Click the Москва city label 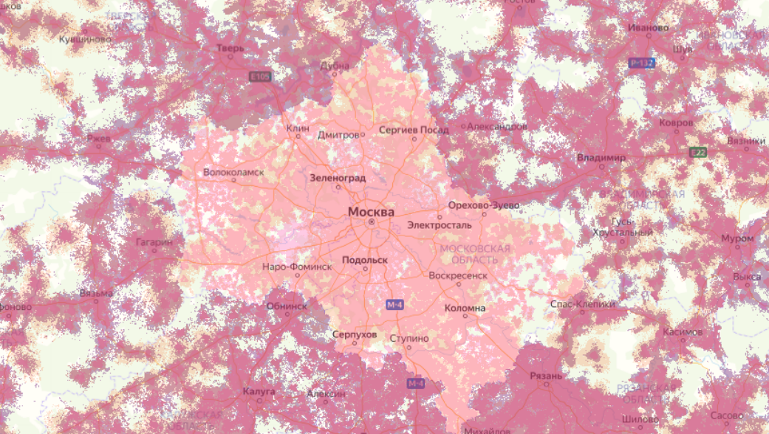(x=371, y=212)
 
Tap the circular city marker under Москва (x=372, y=221)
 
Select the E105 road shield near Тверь (x=260, y=76)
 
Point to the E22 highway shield (x=697, y=153)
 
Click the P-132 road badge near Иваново (x=642, y=63)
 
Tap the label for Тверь (x=230, y=48)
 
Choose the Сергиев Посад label (x=413, y=129)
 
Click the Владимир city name (x=601, y=158)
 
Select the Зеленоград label (x=337, y=178)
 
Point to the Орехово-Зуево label (x=484, y=204)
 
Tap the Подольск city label (x=365, y=260)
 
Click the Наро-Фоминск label (x=297, y=266)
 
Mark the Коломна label (x=465, y=308)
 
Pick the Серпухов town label (x=355, y=334)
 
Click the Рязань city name (x=546, y=376)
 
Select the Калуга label (x=259, y=390)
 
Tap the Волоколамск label (x=233, y=173)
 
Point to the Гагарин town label (x=154, y=241)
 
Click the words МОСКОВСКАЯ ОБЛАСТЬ (x=475, y=254)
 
